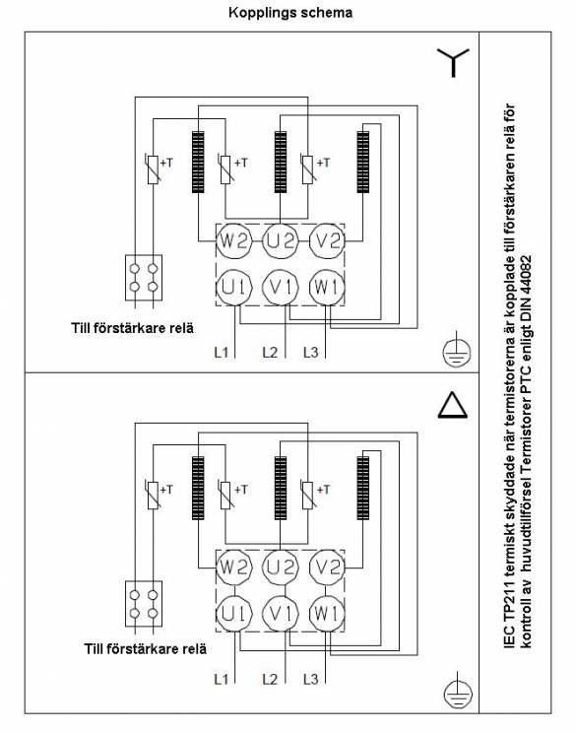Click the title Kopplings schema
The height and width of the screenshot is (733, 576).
click(x=290, y=13)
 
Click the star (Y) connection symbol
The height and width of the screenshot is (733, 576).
click(x=453, y=63)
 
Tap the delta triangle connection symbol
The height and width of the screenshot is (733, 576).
click(x=452, y=405)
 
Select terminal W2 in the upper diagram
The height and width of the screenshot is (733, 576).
click(x=234, y=241)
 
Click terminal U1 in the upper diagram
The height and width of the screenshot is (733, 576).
click(x=234, y=288)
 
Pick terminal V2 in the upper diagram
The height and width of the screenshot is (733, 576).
click(x=327, y=241)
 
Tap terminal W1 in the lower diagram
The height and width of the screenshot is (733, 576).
click(x=327, y=614)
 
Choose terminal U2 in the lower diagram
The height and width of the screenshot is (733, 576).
click(x=281, y=567)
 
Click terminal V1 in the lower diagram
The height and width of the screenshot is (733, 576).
click(x=281, y=614)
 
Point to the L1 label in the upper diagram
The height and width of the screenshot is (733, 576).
click(x=221, y=352)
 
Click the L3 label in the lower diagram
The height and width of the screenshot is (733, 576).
click(x=311, y=679)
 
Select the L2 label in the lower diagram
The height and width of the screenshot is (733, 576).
click(x=270, y=679)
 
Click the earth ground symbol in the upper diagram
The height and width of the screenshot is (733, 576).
click(x=457, y=350)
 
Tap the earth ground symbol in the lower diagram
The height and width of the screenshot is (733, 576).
click(x=457, y=692)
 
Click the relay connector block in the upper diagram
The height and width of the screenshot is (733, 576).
click(x=144, y=278)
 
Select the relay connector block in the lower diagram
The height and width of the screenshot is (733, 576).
click(x=144, y=604)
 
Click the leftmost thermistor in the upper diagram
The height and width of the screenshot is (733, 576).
click(x=153, y=168)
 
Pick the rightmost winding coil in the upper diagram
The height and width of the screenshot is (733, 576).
click(x=363, y=162)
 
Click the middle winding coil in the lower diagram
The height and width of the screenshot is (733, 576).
click(x=281, y=488)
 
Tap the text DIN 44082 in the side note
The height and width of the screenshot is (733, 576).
click(x=527, y=286)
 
